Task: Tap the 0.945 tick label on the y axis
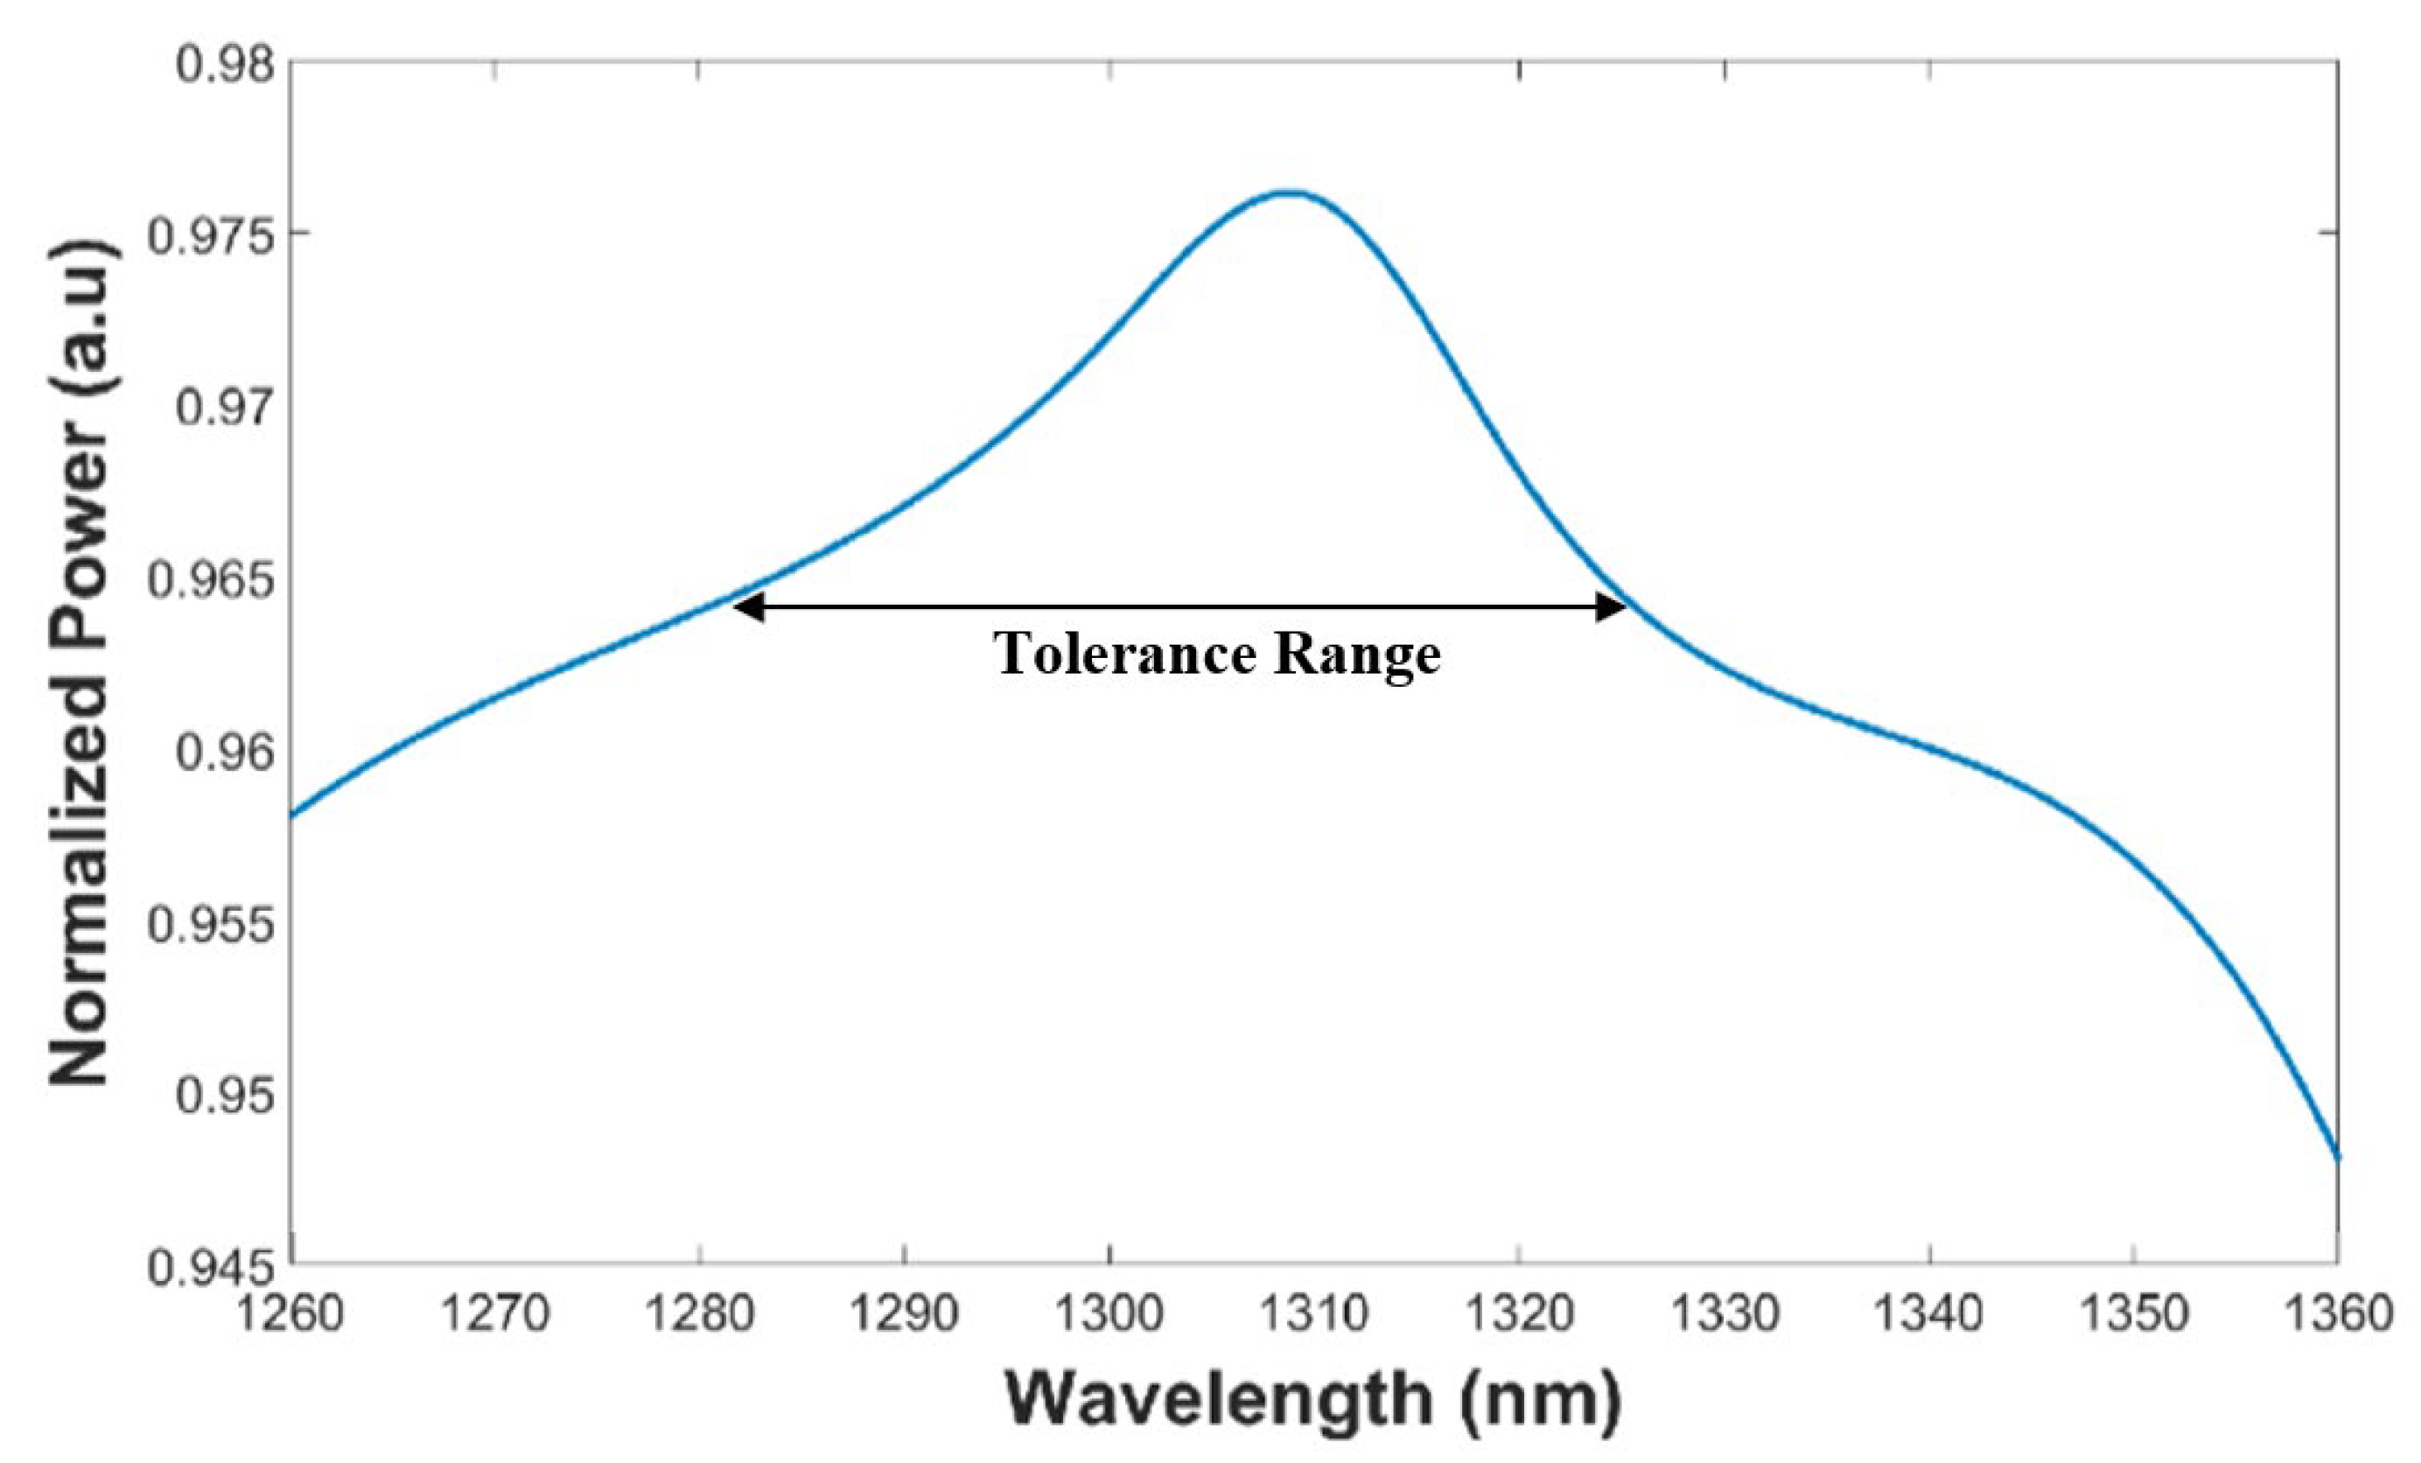(198, 1268)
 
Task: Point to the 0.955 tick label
(198, 925)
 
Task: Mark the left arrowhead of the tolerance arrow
(746, 607)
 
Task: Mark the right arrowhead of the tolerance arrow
(1612, 607)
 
